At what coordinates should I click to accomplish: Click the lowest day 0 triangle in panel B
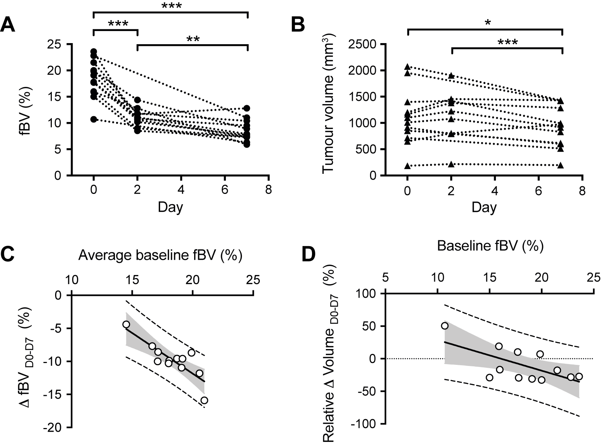click(x=408, y=166)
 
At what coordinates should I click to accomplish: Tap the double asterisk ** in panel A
click(x=193, y=39)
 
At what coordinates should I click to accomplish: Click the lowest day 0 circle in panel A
click(x=94, y=119)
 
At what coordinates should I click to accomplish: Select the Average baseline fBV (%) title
click(x=160, y=256)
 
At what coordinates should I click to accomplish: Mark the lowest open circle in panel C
click(x=204, y=400)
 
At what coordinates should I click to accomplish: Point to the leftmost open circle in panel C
click(x=126, y=324)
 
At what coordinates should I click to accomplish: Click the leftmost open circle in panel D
click(x=444, y=326)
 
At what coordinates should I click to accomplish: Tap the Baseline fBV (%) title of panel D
click(x=490, y=247)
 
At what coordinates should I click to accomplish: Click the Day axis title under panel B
click(x=484, y=207)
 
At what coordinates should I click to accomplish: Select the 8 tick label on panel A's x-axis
click(x=269, y=191)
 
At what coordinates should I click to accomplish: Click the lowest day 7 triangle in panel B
click(x=561, y=165)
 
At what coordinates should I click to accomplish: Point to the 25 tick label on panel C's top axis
click(x=254, y=280)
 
